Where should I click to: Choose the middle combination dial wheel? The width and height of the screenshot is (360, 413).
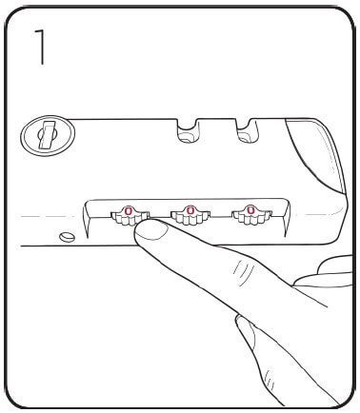pos(188,215)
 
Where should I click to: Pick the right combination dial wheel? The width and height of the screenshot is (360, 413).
pos(250,215)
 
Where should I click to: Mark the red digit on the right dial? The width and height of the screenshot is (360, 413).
pos(250,210)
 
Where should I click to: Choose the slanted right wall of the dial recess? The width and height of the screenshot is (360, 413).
pos(286,214)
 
